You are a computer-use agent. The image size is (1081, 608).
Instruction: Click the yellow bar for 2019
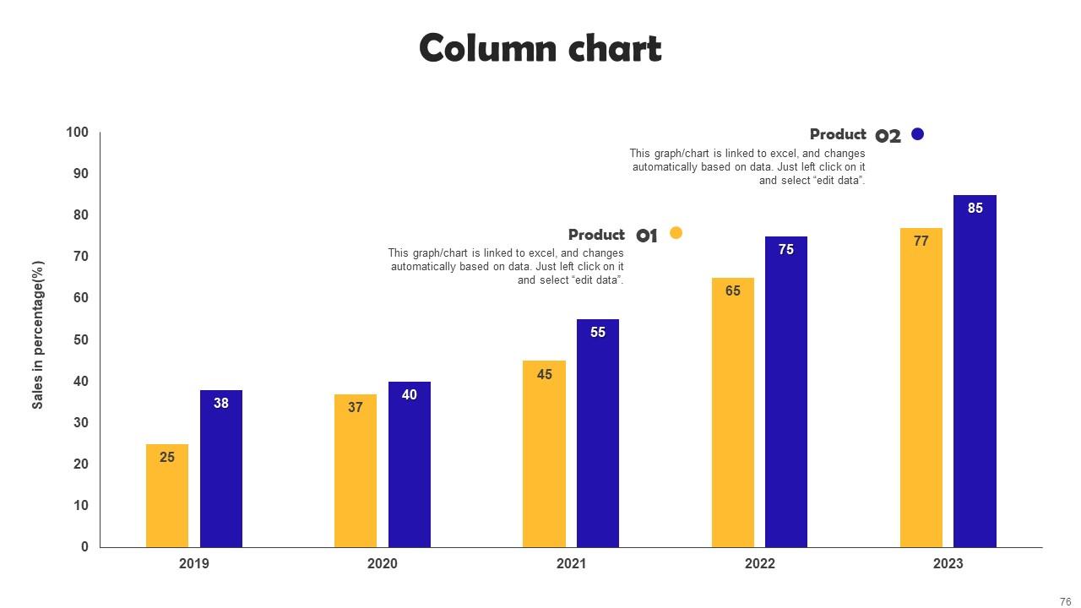(x=167, y=498)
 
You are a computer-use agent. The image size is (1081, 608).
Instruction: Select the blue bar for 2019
(x=221, y=473)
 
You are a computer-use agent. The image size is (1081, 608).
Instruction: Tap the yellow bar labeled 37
(x=356, y=477)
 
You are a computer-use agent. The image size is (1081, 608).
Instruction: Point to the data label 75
(x=786, y=250)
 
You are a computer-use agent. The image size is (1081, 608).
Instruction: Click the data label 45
(x=545, y=374)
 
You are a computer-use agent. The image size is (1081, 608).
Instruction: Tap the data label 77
(x=921, y=242)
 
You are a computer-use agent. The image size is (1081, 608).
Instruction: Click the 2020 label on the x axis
(x=382, y=564)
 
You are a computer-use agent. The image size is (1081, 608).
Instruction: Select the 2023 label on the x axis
(x=948, y=564)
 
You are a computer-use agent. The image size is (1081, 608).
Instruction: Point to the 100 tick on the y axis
(x=77, y=133)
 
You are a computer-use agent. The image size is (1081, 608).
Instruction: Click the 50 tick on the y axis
(x=80, y=339)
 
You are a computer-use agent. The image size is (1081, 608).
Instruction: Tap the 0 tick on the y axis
(x=84, y=547)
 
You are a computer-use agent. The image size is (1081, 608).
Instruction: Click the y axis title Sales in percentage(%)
(x=38, y=335)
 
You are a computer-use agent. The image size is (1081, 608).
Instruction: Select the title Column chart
(x=540, y=48)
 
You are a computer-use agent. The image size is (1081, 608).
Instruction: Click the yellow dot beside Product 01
(x=676, y=233)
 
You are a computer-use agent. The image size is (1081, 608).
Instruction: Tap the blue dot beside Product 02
(x=918, y=133)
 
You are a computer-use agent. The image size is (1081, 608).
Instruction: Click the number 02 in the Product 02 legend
(x=888, y=136)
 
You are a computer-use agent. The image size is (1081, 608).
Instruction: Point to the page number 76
(x=1065, y=602)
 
